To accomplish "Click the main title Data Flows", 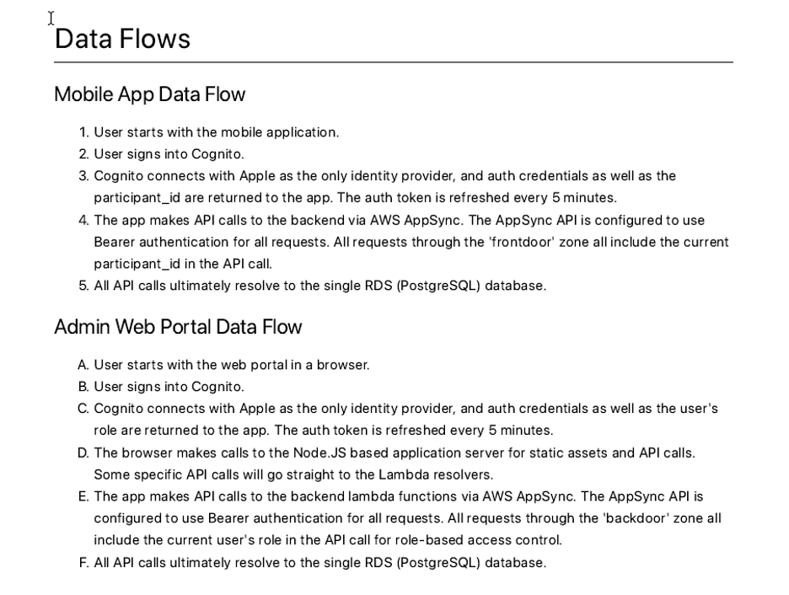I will coord(122,39).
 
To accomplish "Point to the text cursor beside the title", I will coord(51,18).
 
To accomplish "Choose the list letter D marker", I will coord(83,453).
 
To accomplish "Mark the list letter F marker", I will coord(83,562).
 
